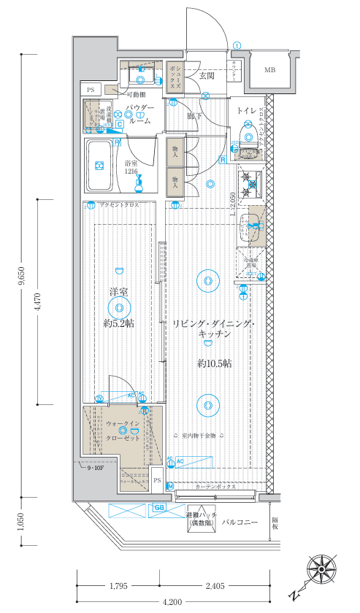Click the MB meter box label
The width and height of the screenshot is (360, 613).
269,70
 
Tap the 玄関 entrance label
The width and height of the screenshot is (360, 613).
205,75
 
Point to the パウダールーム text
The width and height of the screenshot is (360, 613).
138,115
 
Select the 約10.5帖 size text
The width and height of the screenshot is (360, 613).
214,363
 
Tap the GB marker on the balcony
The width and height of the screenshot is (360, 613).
158,508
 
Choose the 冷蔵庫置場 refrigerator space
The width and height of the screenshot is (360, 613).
248,263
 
